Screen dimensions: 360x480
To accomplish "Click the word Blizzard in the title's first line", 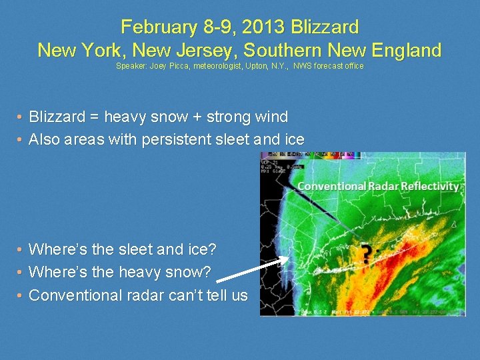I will pos(322,27).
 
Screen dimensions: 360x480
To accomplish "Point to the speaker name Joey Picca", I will pos(171,66).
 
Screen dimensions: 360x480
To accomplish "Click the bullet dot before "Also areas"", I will pos(20,140).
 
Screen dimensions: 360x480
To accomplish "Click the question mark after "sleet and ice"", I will pos(212,249).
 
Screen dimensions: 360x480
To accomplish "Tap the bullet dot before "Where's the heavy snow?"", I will pos(20,272).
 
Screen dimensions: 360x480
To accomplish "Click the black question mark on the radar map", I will pos(366,253).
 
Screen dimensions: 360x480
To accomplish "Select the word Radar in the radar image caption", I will pos(382,186).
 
